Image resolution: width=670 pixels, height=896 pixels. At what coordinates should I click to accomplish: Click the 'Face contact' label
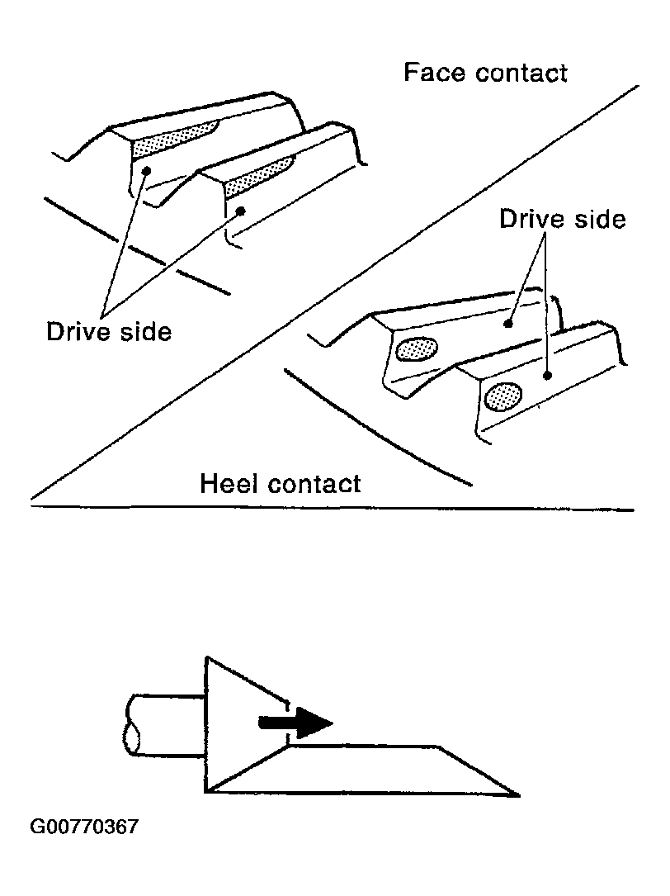[x=485, y=73]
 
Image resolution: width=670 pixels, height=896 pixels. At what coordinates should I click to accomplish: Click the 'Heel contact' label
[x=281, y=482]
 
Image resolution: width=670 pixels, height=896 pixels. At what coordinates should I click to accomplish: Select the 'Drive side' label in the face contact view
[x=109, y=331]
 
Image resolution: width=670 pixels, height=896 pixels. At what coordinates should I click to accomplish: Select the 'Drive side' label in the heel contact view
[x=563, y=220]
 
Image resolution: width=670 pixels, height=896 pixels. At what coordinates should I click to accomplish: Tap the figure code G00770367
[x=84, y=827]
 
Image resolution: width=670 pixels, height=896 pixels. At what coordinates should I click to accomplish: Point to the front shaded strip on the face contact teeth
[x=259, y=174]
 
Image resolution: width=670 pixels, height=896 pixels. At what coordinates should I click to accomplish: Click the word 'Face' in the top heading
[x=430, y=73]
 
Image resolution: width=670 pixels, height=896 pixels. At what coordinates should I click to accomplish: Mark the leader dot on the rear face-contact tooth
[x=146, y=171]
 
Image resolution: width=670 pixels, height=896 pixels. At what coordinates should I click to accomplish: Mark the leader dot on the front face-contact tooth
[x=242, y=211]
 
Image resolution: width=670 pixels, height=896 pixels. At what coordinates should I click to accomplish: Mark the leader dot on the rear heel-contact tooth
[x=509, y=325]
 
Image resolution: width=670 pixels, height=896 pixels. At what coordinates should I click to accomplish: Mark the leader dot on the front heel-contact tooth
[x=548, y=375]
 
